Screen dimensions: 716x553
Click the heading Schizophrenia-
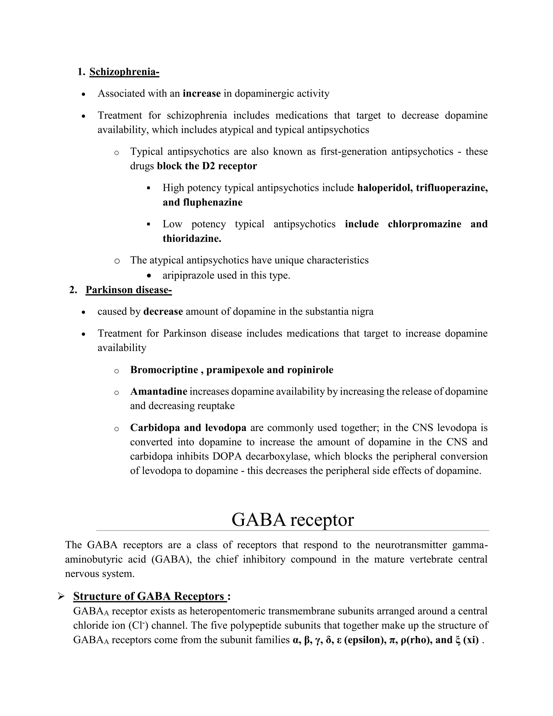[x=124, y=72]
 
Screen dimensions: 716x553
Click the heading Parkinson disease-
[x=129, y=290]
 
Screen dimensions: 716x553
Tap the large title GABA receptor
[x=292, y=520]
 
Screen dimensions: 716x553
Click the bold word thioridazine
[x=192, y=238]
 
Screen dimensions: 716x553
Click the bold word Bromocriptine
[x=164, y=370]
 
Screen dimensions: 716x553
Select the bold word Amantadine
[x=159, y=392]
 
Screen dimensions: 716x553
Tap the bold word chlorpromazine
[x=424, y=224]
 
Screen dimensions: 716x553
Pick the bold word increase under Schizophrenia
[x=201, y=94]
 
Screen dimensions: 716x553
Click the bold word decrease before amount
[x=163, y=312]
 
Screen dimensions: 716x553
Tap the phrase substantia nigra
[x=339, y=312]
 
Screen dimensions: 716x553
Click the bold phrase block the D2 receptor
[x=207, y=166]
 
